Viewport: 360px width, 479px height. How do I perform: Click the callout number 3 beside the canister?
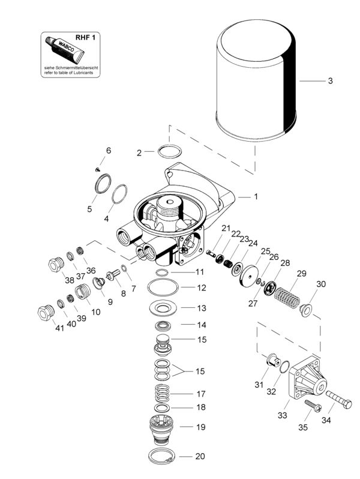point(330,81)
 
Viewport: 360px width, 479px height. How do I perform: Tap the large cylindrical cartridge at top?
point(256,81)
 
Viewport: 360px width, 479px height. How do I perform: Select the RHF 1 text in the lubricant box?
point(85,38)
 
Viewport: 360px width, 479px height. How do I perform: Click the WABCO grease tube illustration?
point(64,49)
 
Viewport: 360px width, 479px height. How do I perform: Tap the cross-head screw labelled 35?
point(313,405)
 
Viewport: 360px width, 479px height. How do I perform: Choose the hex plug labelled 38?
point(56,265)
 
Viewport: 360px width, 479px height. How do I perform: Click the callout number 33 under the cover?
point(283,415)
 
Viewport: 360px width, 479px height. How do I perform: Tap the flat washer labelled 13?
point(163,308)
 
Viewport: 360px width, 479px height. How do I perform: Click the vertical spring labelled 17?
point(163,393)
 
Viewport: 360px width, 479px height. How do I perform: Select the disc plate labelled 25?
point(250,276)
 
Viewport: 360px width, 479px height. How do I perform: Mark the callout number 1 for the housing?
point(256,197)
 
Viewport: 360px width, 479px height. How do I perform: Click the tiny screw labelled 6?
point(98,169)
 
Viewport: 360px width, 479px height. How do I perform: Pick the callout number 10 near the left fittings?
point(95,312)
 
